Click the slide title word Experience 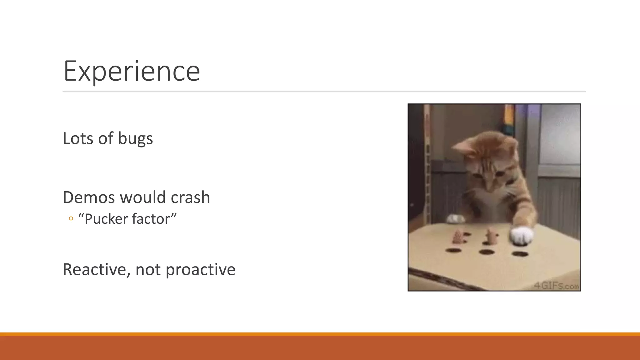[132, 71]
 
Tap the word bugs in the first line [135, 138]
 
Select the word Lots [78, 138]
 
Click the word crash [190, 197]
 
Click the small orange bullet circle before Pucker [71, 219]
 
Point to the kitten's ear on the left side [462, 147]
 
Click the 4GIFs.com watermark [556, 286]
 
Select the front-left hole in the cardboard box [453, 250]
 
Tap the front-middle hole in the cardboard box [487, 252]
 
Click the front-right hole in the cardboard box [520, 254]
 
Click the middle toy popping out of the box [489, 237]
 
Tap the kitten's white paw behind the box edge [455, 218]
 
